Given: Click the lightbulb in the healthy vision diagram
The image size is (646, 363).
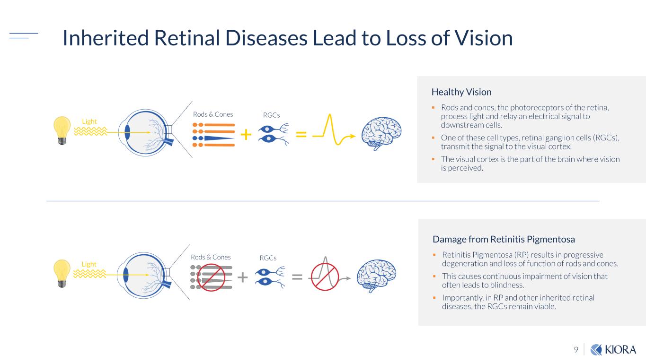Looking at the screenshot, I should coord(62,129).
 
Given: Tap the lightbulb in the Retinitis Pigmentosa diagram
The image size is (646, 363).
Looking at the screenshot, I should coord(62,272).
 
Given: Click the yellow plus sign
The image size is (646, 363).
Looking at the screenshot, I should coord(246,135).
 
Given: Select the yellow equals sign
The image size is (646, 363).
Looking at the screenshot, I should coord(301,135).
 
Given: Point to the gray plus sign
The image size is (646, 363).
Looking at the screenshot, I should coord(242,277).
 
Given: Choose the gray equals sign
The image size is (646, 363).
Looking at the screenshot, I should coord(297,277).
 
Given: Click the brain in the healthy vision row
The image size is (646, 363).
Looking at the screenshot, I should coord(381,133).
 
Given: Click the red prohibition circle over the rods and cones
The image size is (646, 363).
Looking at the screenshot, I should coord(211,277).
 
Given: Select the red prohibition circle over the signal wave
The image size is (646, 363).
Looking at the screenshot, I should coord(325,277).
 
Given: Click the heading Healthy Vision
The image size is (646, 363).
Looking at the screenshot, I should coord(461,92).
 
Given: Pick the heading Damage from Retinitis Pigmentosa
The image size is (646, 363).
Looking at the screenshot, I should coord(504,239).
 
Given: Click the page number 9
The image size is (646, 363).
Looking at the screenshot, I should coord(576,350).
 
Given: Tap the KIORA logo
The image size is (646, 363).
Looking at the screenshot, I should coord(614,350).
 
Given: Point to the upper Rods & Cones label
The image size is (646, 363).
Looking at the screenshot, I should coord(213,114).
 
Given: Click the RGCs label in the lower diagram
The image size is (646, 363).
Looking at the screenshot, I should coord(268,258).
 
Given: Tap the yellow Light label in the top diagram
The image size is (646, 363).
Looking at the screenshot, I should coord(89,121).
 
